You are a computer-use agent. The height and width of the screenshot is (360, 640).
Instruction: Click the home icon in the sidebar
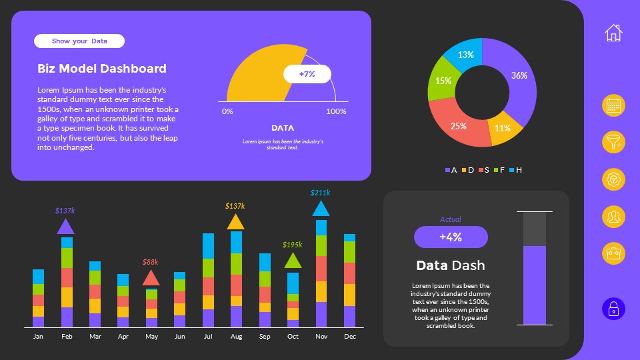click(613, 32)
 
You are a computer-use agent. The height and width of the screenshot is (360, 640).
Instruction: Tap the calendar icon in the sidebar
click(613, 105)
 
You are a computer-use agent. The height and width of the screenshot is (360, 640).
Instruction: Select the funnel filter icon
click(613, 142)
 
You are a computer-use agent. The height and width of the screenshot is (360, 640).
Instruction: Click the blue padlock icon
click(613, 309)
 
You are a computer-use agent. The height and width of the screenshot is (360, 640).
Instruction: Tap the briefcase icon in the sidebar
click(613, 253)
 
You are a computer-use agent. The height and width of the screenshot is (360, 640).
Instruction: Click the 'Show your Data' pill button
click(79, 41)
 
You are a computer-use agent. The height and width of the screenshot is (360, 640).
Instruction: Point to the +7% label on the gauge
click(307, 74)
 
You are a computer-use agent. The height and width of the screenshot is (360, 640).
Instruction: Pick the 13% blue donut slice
click(466, 55)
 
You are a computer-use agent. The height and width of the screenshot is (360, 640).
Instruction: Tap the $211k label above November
click(321, 193)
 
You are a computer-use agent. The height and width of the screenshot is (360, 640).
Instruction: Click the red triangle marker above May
click(151, 278)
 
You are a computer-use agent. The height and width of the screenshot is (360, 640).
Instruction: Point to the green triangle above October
click(293, 261)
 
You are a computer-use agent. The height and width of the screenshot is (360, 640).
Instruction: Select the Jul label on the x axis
click(208, 337)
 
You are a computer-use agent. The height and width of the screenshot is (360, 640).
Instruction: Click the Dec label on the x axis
click(350, 337)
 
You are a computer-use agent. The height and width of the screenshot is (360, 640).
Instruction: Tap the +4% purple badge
click(451, 237)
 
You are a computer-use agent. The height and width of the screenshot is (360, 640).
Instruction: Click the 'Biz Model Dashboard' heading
click(102, 68)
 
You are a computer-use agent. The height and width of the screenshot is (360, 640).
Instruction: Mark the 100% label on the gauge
click(336, 111)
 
